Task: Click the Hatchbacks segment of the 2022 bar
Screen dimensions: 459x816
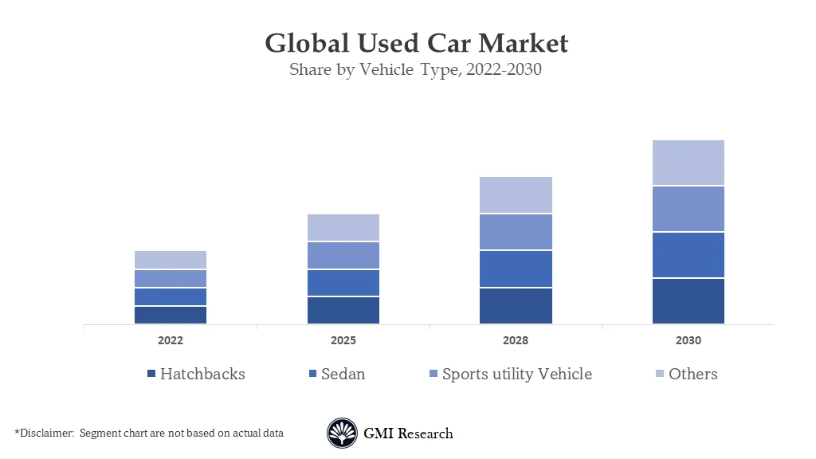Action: tap(171, 315)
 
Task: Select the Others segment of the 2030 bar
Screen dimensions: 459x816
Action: tap(688, 163)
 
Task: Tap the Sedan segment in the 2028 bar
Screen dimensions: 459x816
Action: tap(516, 269)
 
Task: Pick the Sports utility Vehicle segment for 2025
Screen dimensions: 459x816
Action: tap(343, 256)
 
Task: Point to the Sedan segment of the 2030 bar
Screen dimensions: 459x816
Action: tap(688, 255)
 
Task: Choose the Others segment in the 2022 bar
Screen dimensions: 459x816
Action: tap(171, 260)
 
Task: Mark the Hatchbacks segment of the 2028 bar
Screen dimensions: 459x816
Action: tap(516, 306)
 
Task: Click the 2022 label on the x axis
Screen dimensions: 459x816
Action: tap(171, 340)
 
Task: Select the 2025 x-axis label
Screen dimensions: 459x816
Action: tap(343, 340)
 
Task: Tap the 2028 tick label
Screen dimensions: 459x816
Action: tap(516, 340)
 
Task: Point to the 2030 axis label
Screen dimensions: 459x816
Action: tap(688, 340)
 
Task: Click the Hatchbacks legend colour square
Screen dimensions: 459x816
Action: tap(151, 374)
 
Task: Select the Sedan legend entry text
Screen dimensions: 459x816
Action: tap(343, 374)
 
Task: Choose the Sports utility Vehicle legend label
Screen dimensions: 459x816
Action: tap(517, 374)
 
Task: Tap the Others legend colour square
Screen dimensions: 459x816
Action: tap(660, 374)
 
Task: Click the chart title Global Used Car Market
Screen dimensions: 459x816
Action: tap(416, 42)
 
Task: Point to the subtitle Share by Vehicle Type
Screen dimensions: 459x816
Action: tap(415, 69)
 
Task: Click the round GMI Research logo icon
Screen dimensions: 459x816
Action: tap(342, 433)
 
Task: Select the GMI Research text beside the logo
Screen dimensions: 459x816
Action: tap(408, 433)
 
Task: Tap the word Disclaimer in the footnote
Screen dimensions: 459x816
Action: tap(45, 433)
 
